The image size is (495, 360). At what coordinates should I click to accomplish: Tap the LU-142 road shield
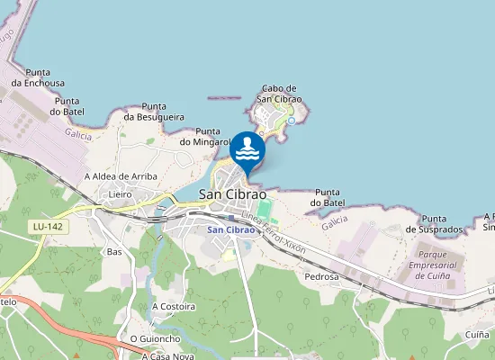[x=40, y=226]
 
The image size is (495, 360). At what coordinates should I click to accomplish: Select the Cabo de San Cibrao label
[x=279, y=93]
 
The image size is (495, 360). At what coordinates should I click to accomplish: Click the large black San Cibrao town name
[x=232, y=193]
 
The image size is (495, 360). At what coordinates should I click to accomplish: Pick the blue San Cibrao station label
[x=230, y=229]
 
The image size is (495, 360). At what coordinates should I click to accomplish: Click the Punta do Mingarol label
[x=208, y=136]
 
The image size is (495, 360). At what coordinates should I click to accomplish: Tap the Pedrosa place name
[x=322, y=276]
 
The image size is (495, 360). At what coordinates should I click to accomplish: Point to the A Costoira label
[x=174, y=306]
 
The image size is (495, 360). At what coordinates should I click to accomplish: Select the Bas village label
[x=114, y=251]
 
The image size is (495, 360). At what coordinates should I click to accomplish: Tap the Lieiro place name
[x=120, y=193]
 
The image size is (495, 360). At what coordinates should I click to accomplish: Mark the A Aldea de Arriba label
[x=121, y=175]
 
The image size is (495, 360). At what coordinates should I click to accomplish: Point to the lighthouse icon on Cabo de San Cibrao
[x=291, y=120]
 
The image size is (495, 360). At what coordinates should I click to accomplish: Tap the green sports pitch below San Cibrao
[x=264, y=209]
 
